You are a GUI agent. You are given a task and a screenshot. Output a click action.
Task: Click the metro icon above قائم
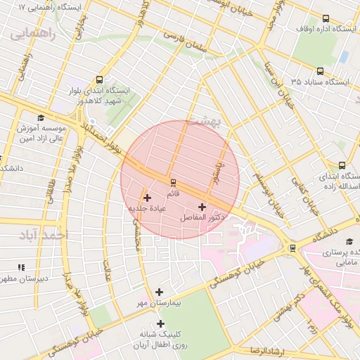tap(173, 181)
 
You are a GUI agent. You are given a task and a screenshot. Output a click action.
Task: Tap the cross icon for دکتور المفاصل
tap(203, 207)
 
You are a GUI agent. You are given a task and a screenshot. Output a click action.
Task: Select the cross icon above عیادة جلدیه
tap(147, 198)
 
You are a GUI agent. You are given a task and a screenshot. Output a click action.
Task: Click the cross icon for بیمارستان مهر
tap(160, 292)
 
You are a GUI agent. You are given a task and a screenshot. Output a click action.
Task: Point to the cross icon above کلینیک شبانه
tap(161, 324)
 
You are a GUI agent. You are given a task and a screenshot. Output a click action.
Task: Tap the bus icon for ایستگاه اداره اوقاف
tap(325, 18)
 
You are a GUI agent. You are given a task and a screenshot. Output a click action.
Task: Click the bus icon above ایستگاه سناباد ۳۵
tap(321, 71)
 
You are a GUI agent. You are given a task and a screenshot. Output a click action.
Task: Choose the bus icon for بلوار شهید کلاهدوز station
tap(99, 79)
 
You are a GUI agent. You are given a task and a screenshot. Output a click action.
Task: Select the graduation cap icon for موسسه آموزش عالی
tap(41, 118)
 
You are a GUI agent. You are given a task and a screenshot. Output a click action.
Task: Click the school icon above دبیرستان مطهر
tap(21, 267)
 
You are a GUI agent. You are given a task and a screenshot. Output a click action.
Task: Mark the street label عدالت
tap(108, 270)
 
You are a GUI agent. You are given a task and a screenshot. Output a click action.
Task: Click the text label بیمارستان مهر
tap(159, 302)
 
